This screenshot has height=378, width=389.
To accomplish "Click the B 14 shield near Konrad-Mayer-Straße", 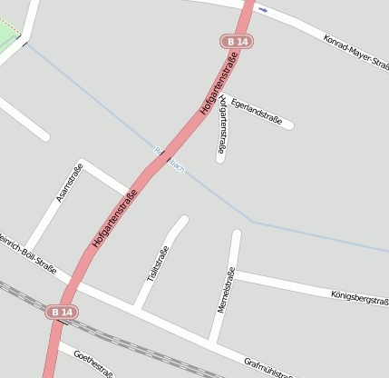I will click(x=237, y=42).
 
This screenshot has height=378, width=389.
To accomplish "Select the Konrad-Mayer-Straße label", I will click(x=355, y=51).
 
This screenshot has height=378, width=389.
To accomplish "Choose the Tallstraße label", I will click(x=158, y=264).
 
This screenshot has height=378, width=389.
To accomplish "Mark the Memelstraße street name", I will click(x=226, y=290).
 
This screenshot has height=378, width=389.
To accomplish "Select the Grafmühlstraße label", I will click(x=269, y=366).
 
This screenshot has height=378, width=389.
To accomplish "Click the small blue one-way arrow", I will click(x=263, y=10).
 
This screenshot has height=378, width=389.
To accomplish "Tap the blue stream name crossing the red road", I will click(x=170, y=160).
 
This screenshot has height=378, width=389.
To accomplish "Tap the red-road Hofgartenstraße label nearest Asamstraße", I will click(x=114, y=219).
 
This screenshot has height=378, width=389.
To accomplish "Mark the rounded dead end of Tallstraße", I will click(x=182, y=220).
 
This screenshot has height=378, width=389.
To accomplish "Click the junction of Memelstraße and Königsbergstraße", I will click(x=234, y=272).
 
